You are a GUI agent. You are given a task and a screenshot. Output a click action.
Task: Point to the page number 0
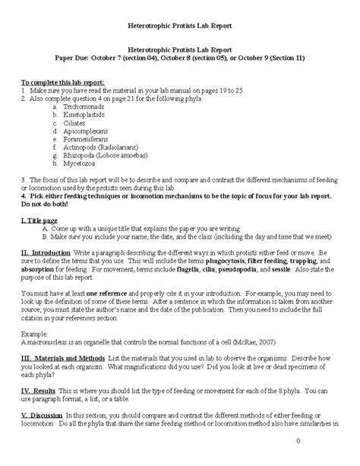[342, 442]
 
